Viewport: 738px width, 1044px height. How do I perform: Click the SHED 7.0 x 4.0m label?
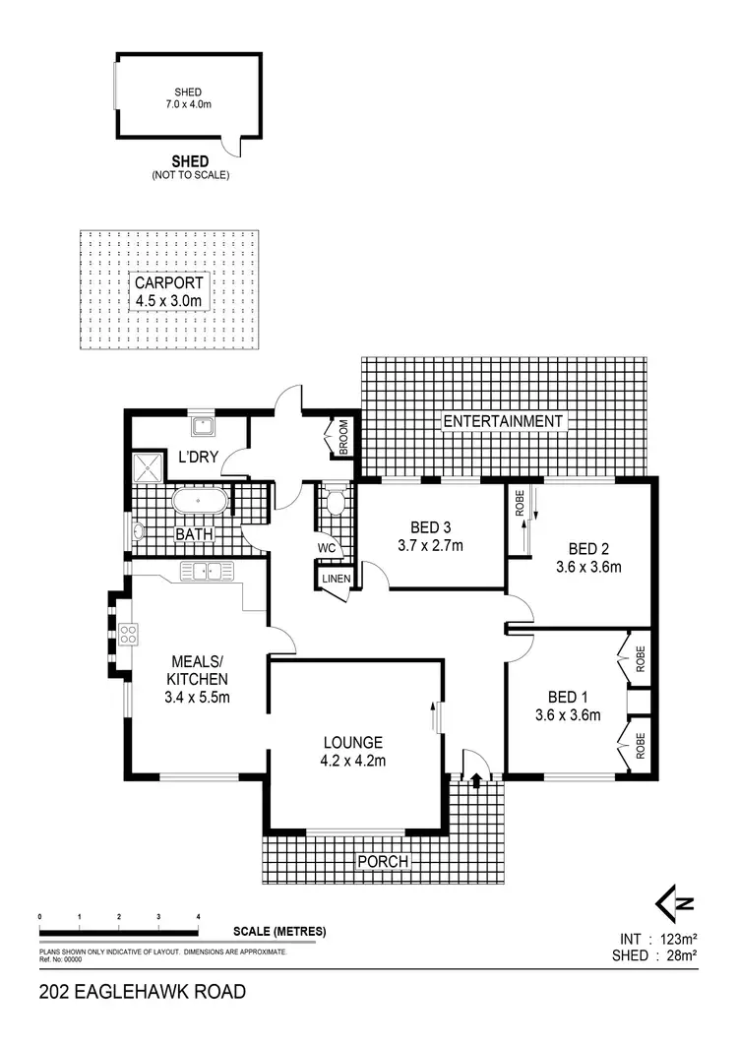pos(188,99)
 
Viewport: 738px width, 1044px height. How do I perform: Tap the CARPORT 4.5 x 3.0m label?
pos(168,292)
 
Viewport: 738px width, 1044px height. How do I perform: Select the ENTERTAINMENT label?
pos(504,421)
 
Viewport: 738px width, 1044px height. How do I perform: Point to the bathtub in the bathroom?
pos(201,502)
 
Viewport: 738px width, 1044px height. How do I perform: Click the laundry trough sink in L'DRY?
pos(204,426)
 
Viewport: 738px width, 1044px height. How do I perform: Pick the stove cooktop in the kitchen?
pos(128,635)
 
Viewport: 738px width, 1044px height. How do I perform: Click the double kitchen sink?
pos(206,571)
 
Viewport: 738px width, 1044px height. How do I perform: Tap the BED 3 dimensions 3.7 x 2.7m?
pos(429,545)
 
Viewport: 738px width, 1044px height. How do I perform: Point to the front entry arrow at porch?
pos(476,780)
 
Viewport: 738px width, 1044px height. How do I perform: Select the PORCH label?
pos(382,862)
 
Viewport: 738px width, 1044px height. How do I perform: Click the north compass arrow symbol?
pos(675,902)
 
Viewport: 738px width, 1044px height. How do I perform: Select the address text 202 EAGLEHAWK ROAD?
pos(142,992)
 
